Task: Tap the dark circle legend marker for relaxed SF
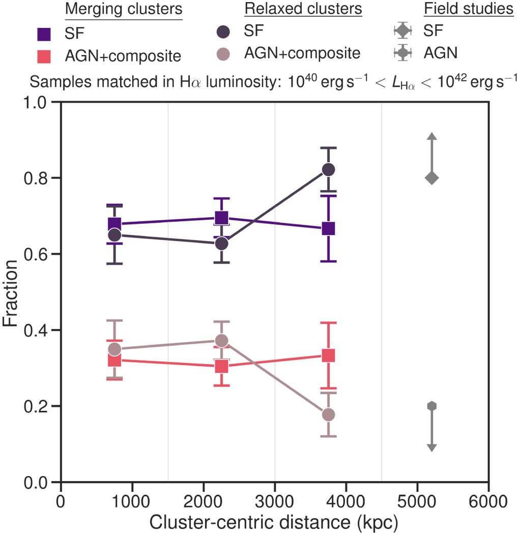[223, 32]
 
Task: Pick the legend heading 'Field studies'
[469, 9]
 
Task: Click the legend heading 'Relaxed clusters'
[303, 9]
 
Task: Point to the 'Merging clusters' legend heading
[124, 9]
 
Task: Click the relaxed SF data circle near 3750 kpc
[328, 169]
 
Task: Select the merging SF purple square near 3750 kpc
[328, 228]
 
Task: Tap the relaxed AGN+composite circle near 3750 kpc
[328, 414]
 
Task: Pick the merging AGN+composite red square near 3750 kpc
[328, 355]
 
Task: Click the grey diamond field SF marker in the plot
[431, 178]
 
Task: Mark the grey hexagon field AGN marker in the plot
[431, 406]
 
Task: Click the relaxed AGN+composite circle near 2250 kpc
[221, 340]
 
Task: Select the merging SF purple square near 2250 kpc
[221, 218]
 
